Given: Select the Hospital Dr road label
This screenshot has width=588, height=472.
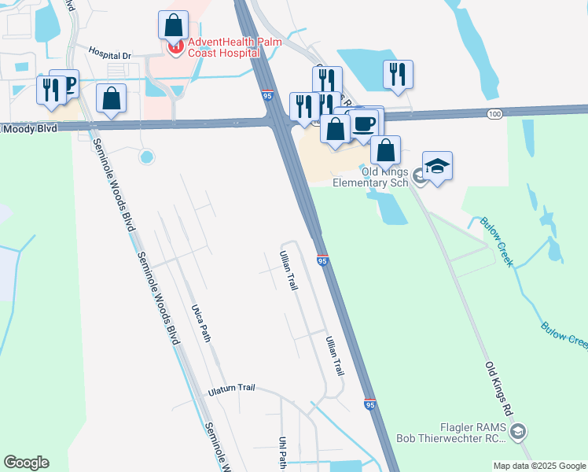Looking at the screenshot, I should [109, 55].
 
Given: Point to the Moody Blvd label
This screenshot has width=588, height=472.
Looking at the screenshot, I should [30, 128].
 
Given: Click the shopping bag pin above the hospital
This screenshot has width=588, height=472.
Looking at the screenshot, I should [173, 25].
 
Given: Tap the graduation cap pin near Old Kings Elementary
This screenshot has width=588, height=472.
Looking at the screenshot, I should [437, 166].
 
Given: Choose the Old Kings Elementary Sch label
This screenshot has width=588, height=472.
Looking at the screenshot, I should [371, 177].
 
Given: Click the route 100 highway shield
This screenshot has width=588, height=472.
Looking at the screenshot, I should [494, 115].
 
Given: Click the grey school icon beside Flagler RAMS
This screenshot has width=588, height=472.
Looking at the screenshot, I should [518, 431].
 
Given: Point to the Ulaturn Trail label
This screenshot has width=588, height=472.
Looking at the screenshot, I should [232, 389].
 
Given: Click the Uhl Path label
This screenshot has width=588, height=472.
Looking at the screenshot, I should [283, 453].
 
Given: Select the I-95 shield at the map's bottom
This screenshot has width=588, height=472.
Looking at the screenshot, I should [369, 404].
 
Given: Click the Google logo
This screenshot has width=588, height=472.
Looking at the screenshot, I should [26, 463].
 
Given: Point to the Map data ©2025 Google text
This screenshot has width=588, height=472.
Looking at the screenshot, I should [539, 466].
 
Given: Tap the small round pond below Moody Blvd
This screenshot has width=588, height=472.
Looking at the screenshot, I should [146, 157].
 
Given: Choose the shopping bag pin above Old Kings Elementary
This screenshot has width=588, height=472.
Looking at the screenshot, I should [385, 149].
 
